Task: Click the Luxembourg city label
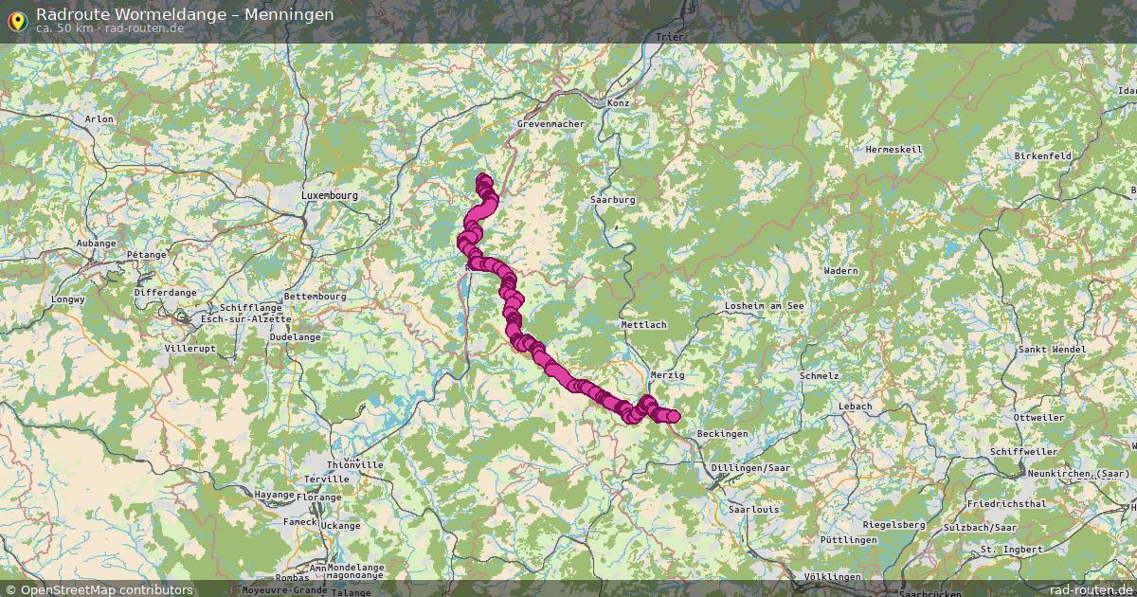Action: coord(330,195)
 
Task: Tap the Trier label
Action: coord(669,38)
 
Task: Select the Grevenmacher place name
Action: coord(550,124)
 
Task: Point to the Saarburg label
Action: coord(612,200)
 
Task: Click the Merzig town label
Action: coord(667,375)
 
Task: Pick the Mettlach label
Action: coord(644,324)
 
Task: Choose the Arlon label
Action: coord(99,119)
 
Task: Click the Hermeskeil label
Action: coord(893,150)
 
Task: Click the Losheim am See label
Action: coord(764,306)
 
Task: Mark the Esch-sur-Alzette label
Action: coord(246,319)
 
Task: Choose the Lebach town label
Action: coord(855,407)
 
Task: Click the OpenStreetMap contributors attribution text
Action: coord(106,589)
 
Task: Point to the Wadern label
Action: coord(840,271)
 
